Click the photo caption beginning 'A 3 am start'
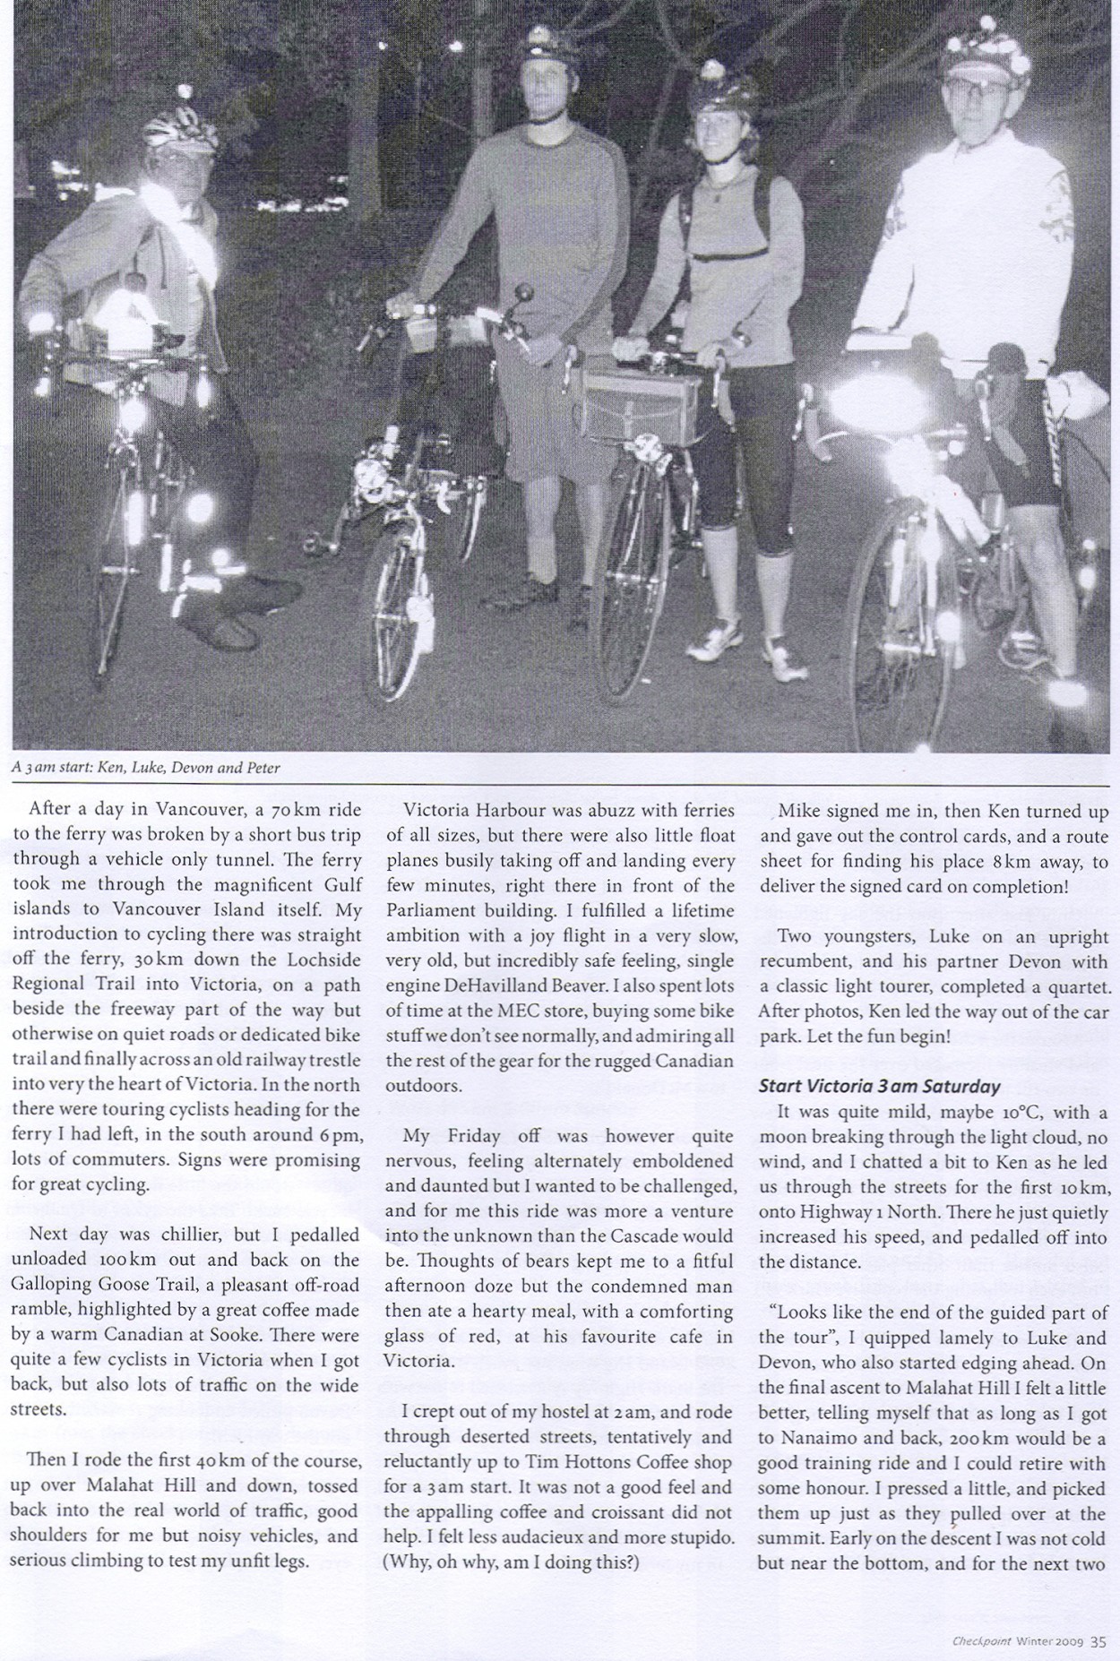coord(147,768)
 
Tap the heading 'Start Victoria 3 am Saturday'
coord(879,1086)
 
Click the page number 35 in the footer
coord(1098,1642)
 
